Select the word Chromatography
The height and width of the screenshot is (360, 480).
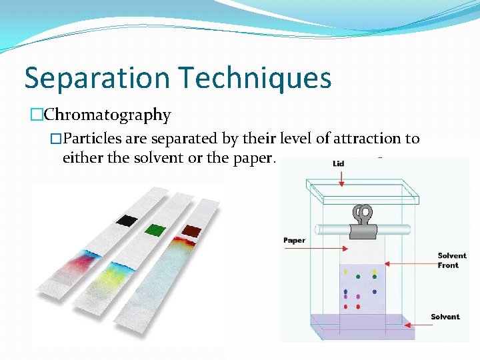pyautogui.click(x=107, y=115)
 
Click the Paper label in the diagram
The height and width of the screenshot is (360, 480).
pyautogui.click(x=294, y=240)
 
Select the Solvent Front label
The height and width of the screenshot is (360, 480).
pyautogui.click(x=452, y=261)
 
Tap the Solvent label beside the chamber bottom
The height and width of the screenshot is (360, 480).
pyautogui.click(x=445, y=317)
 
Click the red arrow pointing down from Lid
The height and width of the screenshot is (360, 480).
pyautogui.click(x=341, y=177)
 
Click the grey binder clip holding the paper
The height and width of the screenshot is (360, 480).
pyautogui.click(x=363, y=223)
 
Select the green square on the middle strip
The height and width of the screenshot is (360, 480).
pyautogui.click(x=155, y=229)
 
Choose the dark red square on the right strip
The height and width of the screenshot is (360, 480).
pyautogui.click(x=192, y=231)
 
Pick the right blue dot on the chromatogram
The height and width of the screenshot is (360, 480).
pyautogui.click(x=375, y=291)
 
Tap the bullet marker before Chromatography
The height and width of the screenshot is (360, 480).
pyautogui.click(x=35, y=115)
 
